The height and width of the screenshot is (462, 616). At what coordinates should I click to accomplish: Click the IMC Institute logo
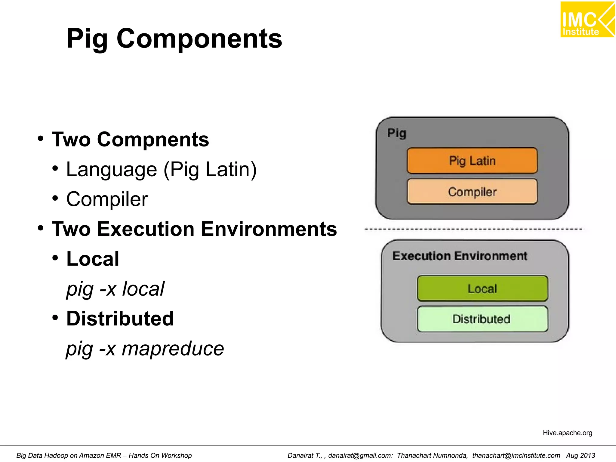(587, 20)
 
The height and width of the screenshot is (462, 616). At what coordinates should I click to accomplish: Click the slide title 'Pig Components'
(174, 38)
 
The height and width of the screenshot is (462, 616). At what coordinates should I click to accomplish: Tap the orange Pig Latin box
(472, 161)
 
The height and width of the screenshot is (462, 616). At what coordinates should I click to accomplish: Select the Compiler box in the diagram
(472, 192)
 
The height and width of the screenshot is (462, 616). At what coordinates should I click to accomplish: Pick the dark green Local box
(482, 288)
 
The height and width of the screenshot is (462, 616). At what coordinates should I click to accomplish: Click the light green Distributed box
(482, 319)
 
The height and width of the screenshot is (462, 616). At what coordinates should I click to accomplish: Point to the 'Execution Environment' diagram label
(460, 256)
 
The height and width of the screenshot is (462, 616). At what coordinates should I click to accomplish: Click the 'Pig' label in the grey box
(396, 133)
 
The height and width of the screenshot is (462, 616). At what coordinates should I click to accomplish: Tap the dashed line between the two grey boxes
(474, 229)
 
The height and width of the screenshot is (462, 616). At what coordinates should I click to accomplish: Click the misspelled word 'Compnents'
(153, 140)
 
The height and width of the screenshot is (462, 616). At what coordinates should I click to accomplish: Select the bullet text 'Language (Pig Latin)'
(161, 170)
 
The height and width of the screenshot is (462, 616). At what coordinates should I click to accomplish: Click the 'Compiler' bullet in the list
(107, 199)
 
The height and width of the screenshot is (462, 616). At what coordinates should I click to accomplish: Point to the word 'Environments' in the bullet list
(269, 229)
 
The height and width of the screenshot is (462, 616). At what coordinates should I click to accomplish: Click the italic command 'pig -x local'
(115, 289)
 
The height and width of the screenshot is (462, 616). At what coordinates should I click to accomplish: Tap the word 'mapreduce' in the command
(173, 349)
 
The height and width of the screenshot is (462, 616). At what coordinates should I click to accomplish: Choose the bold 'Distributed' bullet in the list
(120, 319)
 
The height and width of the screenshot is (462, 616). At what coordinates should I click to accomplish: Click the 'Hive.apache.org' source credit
(567, 433)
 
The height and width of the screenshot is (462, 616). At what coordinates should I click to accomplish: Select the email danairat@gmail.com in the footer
(360, 456)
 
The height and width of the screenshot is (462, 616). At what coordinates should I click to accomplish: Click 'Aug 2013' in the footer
(581, 456)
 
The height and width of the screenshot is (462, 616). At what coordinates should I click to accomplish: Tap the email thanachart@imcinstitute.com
(516, 456)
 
